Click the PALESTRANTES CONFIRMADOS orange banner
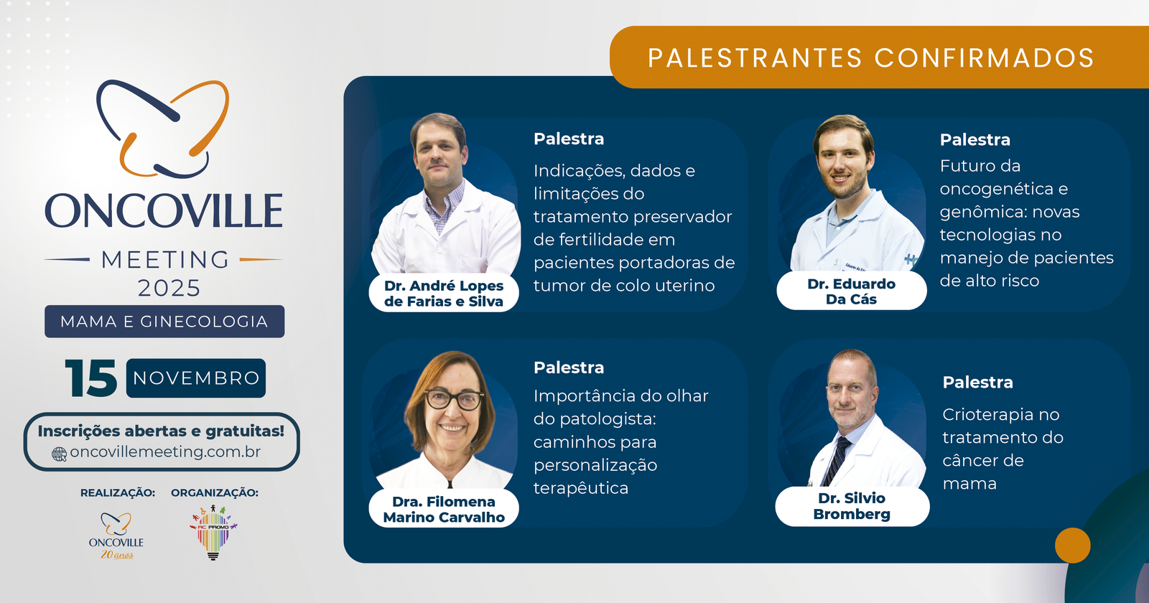[870, 57]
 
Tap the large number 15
[91, 378]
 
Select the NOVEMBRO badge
[196, 378]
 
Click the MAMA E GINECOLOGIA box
[164, 322]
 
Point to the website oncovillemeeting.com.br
[165, 452]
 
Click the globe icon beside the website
[60, 454]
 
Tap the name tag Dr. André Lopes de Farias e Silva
[444, 294]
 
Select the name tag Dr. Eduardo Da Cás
[852, 291]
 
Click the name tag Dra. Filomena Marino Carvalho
[444, 509]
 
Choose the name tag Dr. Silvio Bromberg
[852, 506]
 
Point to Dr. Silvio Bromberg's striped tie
[837, 459]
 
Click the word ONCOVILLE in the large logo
[164, 211]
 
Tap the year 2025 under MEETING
[169, 289]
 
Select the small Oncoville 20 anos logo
[116, 536]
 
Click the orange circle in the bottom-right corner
[1072, 546]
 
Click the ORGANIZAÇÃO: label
[215, 492]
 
